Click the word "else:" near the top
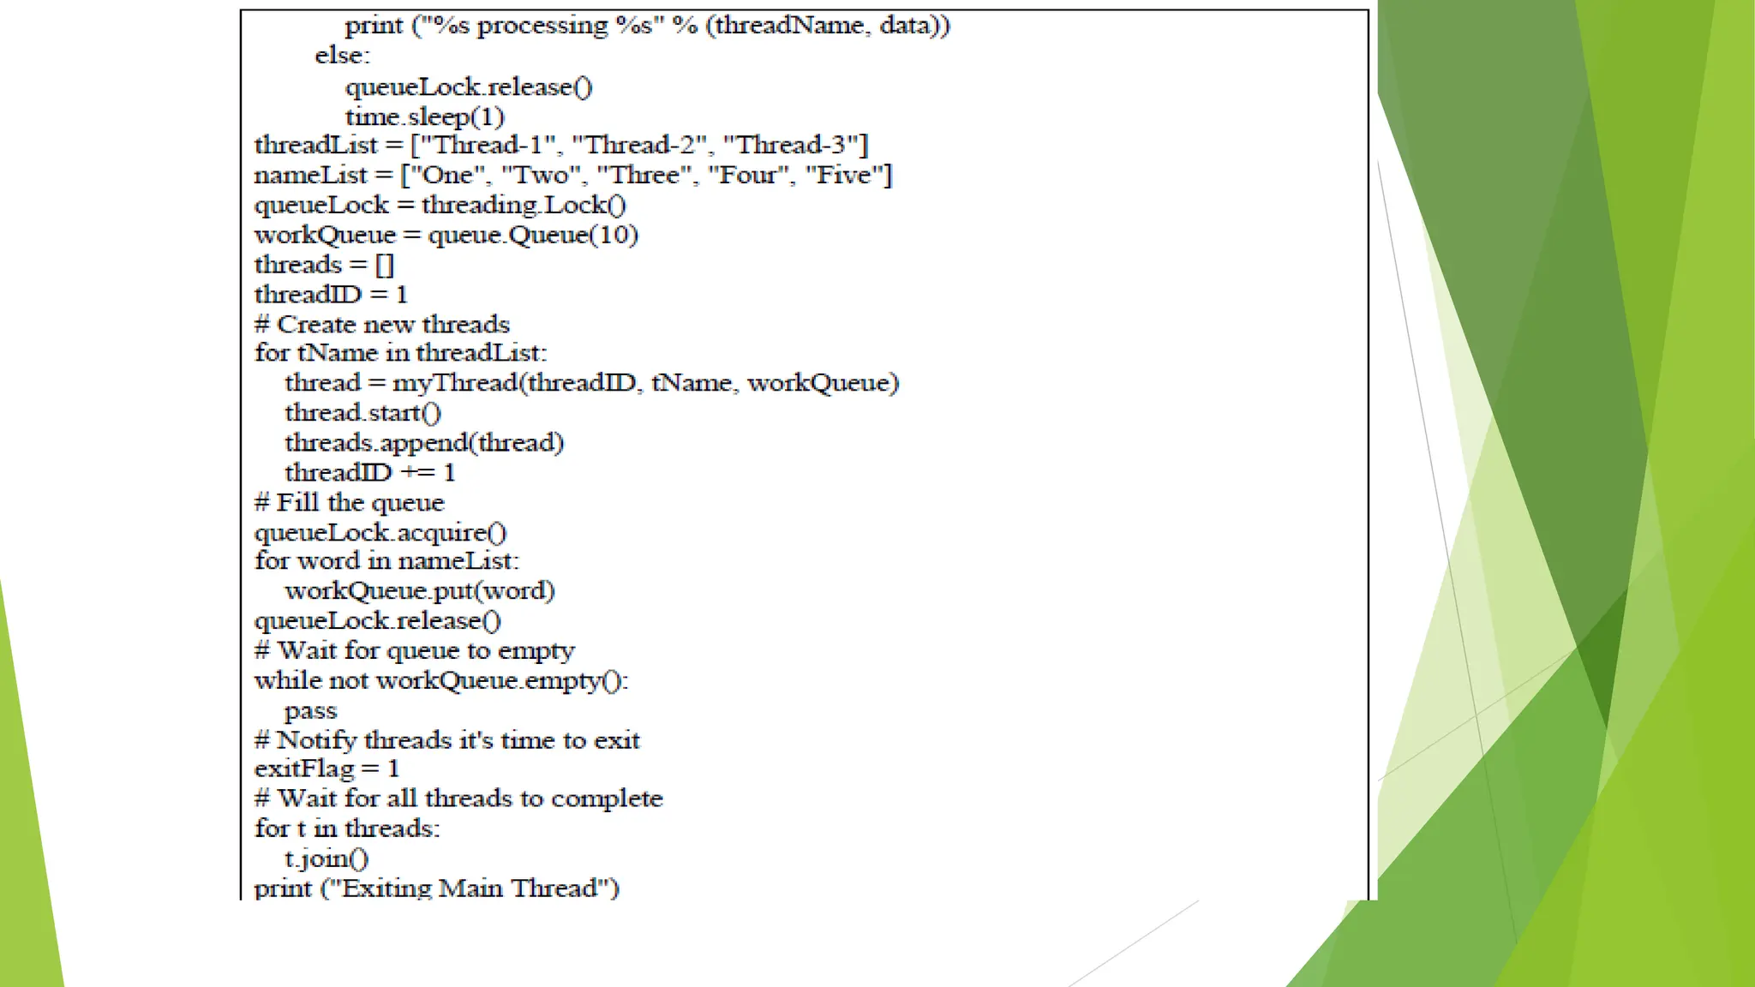pyautogui.click(x=342, y=56)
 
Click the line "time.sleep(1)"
pyautogui.click(x=424, y=117)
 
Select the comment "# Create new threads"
pyautogui.click(x=382, y=325)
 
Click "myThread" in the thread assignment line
pyautogui.click(x=455, y=383)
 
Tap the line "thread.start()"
pyautogui.click(x=362, y=413)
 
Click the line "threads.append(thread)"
pyautogui.click(x=424, y=443)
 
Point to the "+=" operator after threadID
pyautogui.click(x=418, y=473)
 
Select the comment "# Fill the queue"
pyautogui.click(x=350, y=503)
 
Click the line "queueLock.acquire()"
pyautogui.click(x=380, y=533)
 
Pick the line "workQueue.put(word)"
pyautogui.click(x=419, y=591)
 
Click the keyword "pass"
pyautogui.click(x=310, y=711)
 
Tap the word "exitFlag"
pyautogui.click(x=304, y=769)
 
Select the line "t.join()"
pyautogui.click(x=326, y=858)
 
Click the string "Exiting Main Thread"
pyautogui.click(x=470, y=888)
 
